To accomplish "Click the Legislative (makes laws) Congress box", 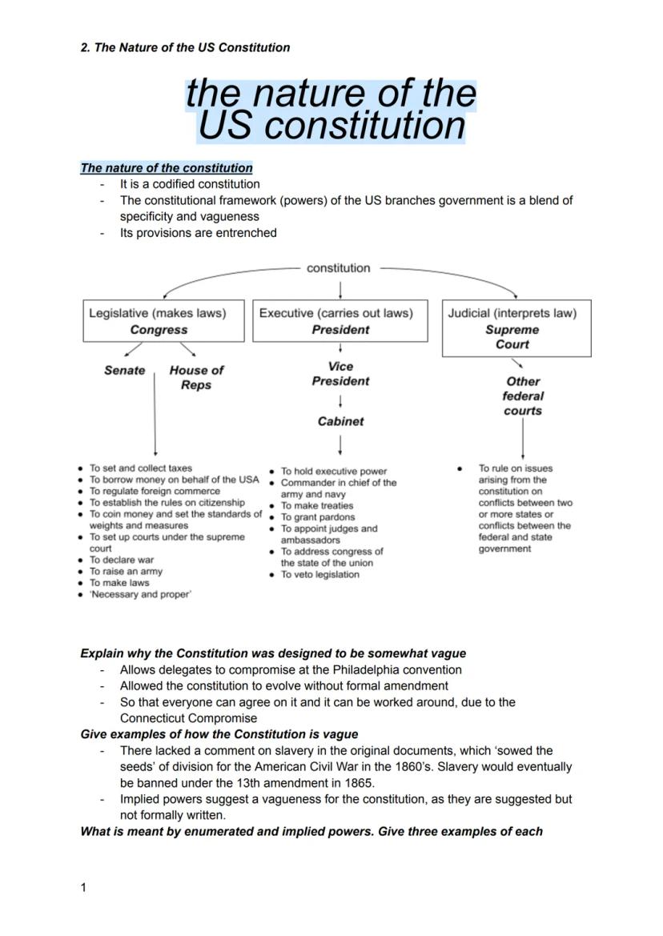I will pos(164,321).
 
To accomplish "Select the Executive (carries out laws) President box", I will pos(340,321).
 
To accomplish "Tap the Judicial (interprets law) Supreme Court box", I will pos(516,328).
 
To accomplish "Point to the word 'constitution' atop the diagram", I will pos(339,268).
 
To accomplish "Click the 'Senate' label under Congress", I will pos(125,371).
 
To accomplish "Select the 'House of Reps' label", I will pos(196,378).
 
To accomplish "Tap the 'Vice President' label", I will pos(340,374).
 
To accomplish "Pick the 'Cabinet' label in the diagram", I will pos(340,421).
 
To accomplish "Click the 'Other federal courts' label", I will pos(523,396).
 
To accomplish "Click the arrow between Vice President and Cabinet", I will pos(341,400).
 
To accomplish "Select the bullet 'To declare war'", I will pos(121,560).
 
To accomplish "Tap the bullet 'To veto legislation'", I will pos(319,575).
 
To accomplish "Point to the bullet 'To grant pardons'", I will pos(317,517).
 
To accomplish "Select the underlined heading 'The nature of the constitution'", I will pos(167,168).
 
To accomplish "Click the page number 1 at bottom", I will pos(84,887).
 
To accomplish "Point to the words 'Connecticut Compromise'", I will pos(188,718).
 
